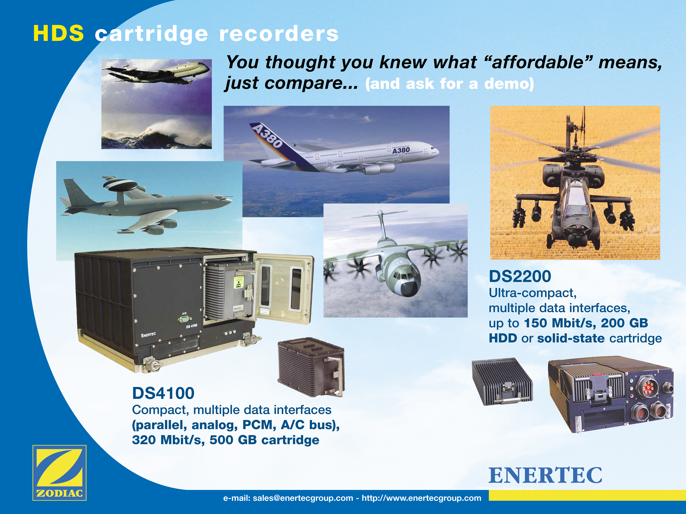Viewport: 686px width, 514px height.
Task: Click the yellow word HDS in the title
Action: pyautogui.click(x=58, y=33)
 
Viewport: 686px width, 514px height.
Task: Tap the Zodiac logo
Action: pyautogui.click(x=59, y=472)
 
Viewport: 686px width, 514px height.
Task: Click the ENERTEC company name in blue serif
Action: pyautogui.click(x=545, y=476)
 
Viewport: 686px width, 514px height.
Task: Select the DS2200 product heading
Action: pyautogui.click(x=520, y=276)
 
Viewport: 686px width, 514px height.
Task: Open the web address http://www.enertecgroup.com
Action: pyautogui.click(x=421, y=498)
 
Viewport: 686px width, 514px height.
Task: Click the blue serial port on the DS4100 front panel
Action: pyautogui.click(x=185, y=319)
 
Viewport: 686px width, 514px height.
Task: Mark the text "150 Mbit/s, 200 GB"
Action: pyautogui.click(x=586, y=323)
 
